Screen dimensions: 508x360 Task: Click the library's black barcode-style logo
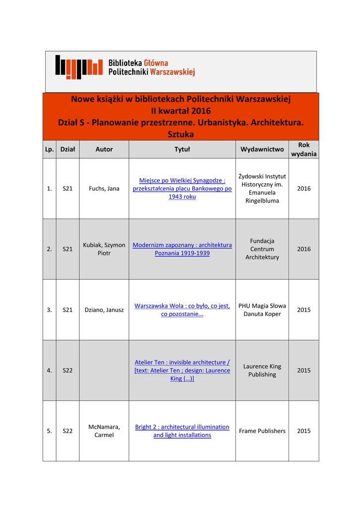point(78,67)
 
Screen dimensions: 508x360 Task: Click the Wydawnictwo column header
point(262,149)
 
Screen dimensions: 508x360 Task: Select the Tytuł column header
point(182,149)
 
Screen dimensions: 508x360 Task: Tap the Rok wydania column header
point(304,149)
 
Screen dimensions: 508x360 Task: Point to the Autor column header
point(104,149)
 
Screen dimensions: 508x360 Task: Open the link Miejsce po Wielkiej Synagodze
point(182,189)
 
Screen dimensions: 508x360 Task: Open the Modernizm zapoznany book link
point(182,249)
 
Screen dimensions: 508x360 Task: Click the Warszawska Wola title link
point(182,310)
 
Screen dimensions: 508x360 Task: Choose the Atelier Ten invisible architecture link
point(182,371)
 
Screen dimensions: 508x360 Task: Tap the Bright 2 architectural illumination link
point(182,431)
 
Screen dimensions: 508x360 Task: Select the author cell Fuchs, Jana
point(104,189)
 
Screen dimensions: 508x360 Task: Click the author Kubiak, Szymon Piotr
point(104,249)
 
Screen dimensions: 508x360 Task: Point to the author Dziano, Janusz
point(104,310)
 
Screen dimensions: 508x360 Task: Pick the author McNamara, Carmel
point(104,431)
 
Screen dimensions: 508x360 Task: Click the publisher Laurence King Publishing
point(262,371)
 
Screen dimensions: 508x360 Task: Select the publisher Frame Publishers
point(262,431)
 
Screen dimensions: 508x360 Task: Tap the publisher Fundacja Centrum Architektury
point(262,249)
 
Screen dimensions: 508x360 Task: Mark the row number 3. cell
point(49,310)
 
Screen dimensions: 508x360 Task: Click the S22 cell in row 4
point(68,371)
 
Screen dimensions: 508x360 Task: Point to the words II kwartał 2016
point(181,111)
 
